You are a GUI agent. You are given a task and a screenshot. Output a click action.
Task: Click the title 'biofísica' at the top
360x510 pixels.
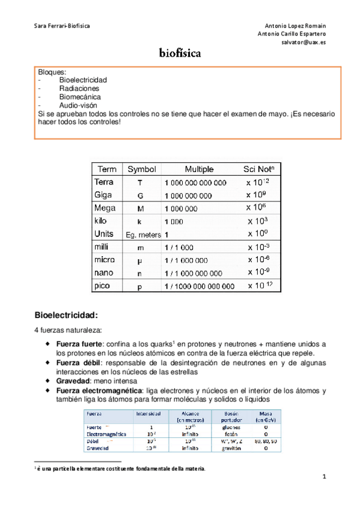[180, 54]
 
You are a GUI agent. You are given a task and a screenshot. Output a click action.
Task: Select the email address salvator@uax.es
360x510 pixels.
[304, 43]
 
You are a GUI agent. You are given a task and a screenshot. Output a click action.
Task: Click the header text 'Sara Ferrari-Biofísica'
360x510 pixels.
[62, 26]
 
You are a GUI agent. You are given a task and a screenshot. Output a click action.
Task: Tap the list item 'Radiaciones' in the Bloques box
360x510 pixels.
[79, 88]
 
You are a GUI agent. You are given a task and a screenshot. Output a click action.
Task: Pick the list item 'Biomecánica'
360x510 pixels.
[80, 96]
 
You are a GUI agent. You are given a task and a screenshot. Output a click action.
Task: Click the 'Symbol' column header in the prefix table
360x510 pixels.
[141, 169]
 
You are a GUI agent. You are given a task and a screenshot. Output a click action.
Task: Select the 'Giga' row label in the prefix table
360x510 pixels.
[103, 195]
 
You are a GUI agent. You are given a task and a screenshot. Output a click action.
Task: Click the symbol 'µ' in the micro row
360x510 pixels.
[140, 260]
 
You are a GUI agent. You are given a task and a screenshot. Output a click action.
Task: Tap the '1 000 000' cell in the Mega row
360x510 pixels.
[180, 209]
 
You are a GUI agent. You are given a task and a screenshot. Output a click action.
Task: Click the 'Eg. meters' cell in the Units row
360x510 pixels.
[142, 235]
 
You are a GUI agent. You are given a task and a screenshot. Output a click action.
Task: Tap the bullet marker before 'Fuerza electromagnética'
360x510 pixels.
[48, 390]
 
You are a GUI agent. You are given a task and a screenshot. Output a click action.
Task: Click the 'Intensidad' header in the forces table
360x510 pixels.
[148, 414]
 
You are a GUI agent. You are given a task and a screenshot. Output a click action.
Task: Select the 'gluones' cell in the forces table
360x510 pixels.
[231, 427]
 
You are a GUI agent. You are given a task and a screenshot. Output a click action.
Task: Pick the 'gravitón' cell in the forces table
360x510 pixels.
[231, 448]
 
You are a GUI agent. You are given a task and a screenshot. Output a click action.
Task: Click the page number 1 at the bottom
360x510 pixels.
[324, 478]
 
